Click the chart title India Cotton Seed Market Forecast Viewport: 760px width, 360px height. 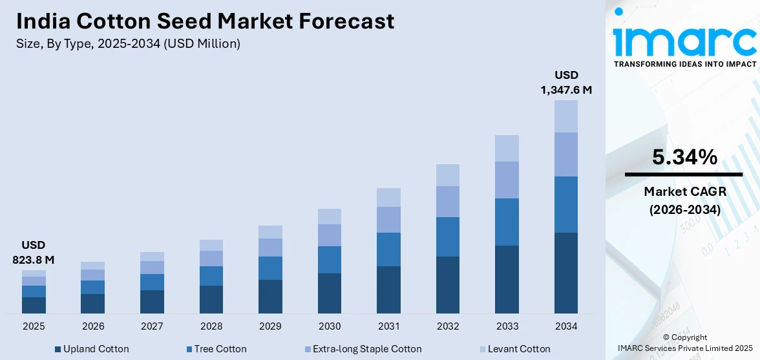(205, 21)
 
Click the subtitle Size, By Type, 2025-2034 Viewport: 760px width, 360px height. (128, 44)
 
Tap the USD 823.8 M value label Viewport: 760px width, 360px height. (34, 253)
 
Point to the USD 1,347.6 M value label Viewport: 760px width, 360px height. (566, 83)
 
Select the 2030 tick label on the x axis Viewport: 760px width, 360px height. (330, 326)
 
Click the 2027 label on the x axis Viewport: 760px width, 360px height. (152, 326)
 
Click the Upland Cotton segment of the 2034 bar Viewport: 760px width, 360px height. (566, 273)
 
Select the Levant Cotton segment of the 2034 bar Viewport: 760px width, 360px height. (566, 116)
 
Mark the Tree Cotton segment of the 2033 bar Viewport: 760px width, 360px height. (507, 222)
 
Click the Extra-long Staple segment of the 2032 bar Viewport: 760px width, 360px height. (448, 202)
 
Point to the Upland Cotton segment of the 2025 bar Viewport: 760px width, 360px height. (34, 305)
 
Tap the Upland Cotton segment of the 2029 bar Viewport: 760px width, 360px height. (270, 297)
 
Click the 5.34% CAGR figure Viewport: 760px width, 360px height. (684, 157)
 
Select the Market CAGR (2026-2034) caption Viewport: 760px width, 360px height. (684, 200)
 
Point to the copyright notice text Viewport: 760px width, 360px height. (684, 343)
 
